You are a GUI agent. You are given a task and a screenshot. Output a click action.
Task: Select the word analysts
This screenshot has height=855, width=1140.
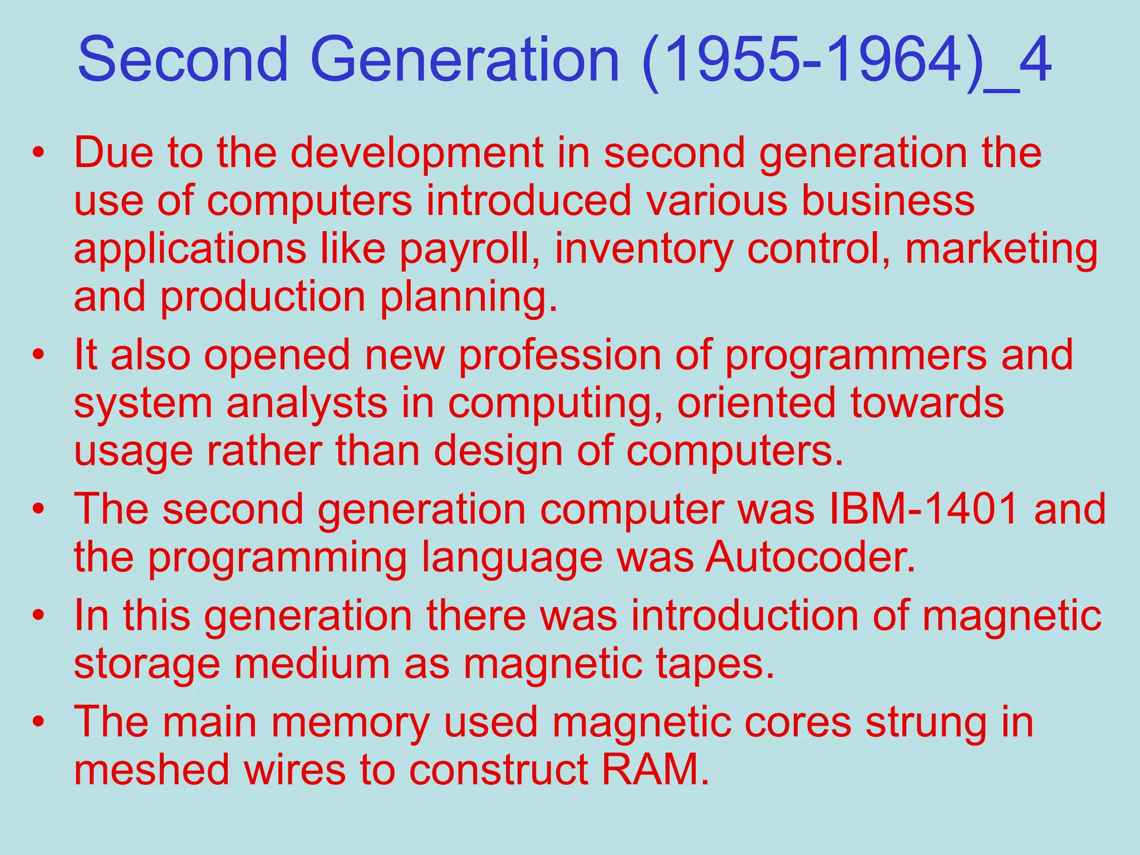pos(307,403)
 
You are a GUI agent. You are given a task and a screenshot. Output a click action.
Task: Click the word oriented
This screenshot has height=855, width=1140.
pos(756,403)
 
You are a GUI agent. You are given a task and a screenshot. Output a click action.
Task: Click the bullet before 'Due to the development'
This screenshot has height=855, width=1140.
pos(38,153)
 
